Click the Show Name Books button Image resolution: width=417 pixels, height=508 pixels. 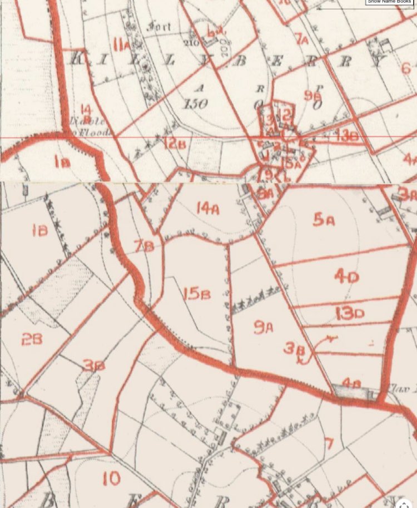[389, 2]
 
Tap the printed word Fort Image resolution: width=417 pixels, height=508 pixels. [160, 26]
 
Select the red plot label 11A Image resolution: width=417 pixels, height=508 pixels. [121, 41]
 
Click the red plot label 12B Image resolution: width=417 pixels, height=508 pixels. [175, 144]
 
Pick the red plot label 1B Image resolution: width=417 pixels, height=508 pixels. [39, 230]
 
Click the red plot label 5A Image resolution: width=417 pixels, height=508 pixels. [324, 220]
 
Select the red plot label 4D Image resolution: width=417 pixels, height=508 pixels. [346, 275]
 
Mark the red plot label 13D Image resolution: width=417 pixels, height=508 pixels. [350, 313]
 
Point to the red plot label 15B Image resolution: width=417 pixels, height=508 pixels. [197, 293]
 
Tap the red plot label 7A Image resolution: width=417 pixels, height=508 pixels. [302, 40]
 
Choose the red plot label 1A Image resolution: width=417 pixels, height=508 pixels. [62, 162]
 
